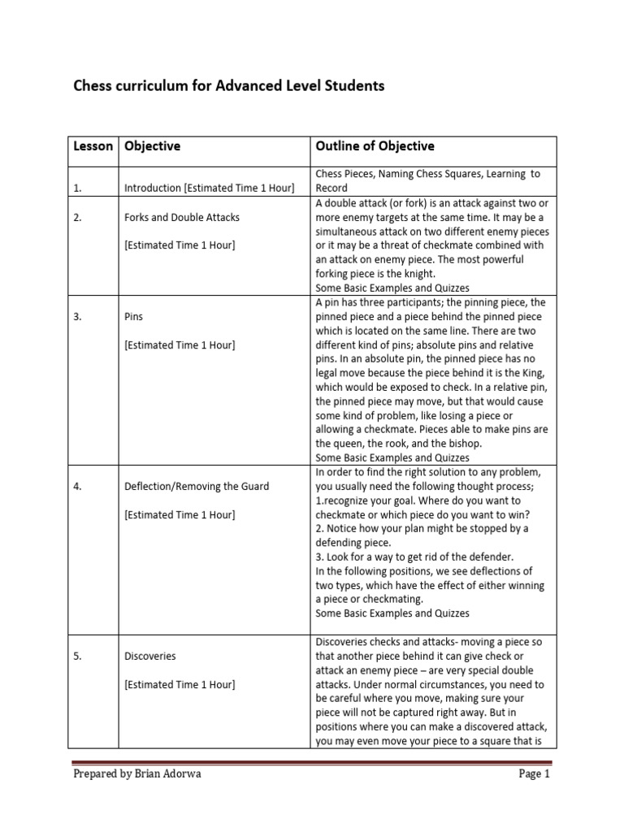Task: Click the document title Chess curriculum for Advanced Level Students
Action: pyautogui.click(x=229, y=85)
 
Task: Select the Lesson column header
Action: pyautogui.click(x=93, y=146)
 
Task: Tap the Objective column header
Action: pyautogui.click(x=152, y=146)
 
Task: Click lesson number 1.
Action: pyautogui.click(x=77, y=188)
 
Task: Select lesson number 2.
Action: pyautogui.click(x=77, y=218)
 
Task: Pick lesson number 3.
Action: pyautogui.click(x=77, y=318)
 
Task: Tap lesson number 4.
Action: pyautogui.click(x=77, y=487)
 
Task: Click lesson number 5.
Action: pyautogui.click(x=77, y=656)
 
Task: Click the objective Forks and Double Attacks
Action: pyautogui.click(x=182, y=218)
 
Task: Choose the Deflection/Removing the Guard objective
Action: pyautogui.click(x=197, y=487)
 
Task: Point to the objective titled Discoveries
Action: pyautogui.click(x=150, y=656)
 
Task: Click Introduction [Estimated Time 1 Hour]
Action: pyautogui.click(x=209, y=188)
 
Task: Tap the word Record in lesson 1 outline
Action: pyautogui.click(x=331, y=188)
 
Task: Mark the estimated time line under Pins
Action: pyautogui.click(x=180, y=345)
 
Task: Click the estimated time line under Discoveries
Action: pyautogui.click(x=180, y=684)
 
